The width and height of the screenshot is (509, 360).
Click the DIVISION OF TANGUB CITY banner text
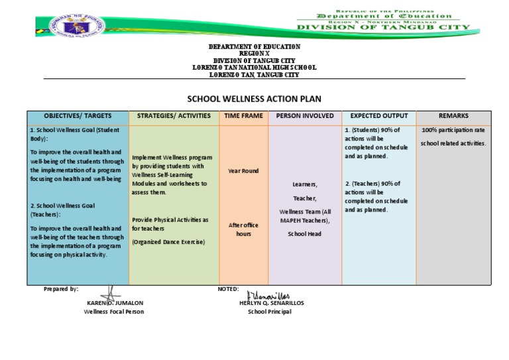pos(383,28)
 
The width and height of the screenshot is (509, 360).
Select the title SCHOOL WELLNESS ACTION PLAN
pos(254,99)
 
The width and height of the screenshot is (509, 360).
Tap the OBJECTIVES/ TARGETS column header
pos(78,116)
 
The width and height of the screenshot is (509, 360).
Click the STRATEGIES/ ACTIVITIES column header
pos(174,116)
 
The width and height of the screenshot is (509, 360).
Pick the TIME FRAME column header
pos(243,116)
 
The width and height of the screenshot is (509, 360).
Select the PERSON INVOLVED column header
pos(305,116)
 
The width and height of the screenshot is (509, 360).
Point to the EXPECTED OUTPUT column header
pos(379,116)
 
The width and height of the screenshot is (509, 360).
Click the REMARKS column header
pos(453,116)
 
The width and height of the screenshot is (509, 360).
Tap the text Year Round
pos(243,171)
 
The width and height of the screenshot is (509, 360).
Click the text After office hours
pos(243,229)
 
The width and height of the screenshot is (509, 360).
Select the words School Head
pos(305,234)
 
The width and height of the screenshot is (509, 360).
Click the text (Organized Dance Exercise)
pos(168,242)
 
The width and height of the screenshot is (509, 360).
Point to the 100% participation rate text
pos(453,130)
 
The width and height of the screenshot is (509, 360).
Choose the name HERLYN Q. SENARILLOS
pos(271,303)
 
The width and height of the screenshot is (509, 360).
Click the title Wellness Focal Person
pos(113,312)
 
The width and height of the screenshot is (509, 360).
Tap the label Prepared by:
pos(61,289)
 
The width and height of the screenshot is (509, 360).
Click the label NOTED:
pos(228,289)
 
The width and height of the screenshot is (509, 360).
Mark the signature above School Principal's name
pos(268,295)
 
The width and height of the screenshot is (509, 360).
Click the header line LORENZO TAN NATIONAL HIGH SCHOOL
pos(254,68)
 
